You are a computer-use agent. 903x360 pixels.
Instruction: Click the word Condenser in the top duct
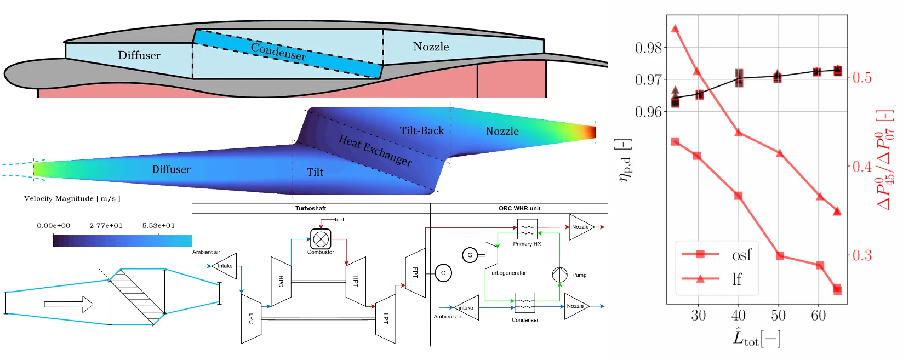[278, 52]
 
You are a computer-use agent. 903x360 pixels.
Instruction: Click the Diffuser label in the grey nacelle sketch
[139, 55]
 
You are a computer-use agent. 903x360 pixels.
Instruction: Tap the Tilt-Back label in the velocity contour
[422, 131]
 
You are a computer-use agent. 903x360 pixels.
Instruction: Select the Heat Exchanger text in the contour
[375, 150]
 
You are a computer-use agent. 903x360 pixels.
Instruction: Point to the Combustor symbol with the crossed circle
[321, 239]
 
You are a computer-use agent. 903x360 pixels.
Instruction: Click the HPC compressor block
[281, 281]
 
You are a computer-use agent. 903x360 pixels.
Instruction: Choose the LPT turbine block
[386, 318]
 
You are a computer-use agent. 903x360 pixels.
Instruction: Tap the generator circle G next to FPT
[443, 272]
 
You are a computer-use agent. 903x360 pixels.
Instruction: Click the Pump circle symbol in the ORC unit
[559, 275]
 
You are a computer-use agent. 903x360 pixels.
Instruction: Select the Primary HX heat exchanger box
[527, 228]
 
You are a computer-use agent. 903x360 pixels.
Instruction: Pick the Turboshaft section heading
[311, 208]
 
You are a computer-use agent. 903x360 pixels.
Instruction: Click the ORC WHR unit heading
[519, 208]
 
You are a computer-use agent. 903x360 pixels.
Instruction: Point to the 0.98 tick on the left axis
[648, 48]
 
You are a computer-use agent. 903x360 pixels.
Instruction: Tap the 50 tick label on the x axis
[778, 316]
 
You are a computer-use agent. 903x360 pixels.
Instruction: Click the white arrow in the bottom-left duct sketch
[68, 304]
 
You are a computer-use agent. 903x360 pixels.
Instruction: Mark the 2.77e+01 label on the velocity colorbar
[106, 226]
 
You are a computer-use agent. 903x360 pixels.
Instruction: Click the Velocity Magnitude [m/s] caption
[72, 199]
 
